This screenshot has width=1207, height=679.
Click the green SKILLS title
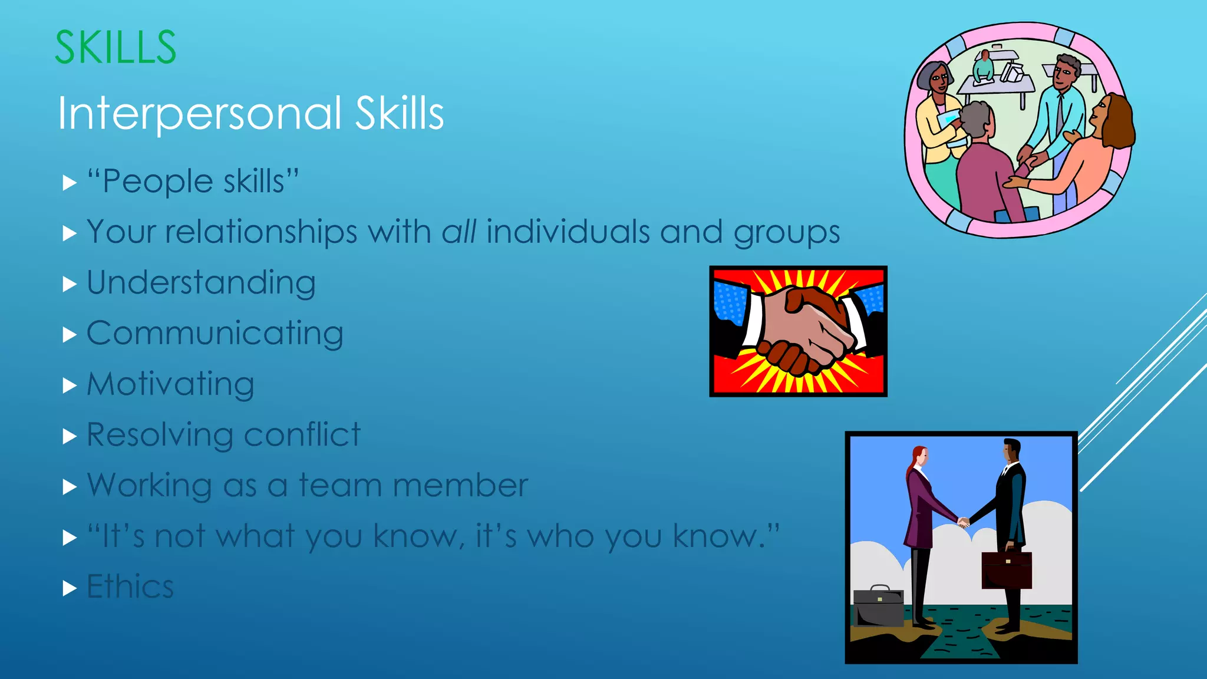click(x=116, y=47)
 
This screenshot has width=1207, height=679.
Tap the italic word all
click(x=459, y=232)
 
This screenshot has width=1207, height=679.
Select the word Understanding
click(x=201, y=283)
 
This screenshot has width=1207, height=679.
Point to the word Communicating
click(x=215, y=334)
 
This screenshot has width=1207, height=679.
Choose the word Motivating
click(x=170, y=384)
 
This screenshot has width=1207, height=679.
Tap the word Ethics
click(x=130, y=586)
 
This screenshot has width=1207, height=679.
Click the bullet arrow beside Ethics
click(x=70, y=588)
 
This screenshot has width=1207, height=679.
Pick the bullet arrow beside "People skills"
click(x=70, y=183)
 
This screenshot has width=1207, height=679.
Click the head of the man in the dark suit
click(x=1011, y=451)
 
